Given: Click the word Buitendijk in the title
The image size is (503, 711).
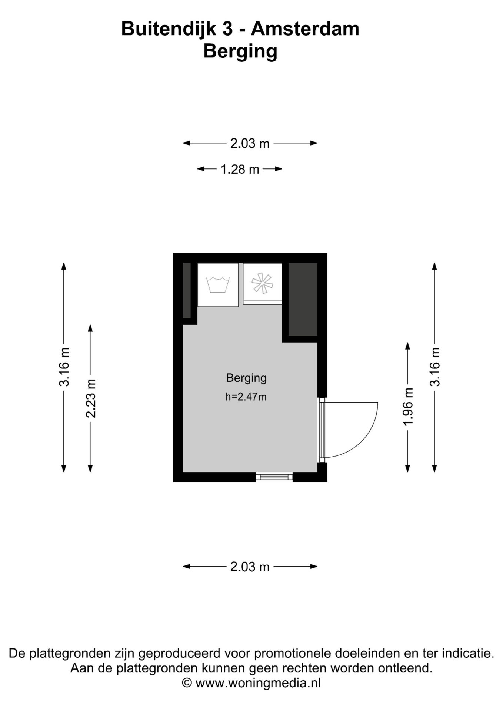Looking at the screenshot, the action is pos(169,29).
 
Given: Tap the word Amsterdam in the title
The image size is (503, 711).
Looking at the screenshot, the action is pos(305,29).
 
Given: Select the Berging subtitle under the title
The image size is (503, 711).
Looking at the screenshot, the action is pos(240,52).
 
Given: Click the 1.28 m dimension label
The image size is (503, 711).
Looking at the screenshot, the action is pos(240,169).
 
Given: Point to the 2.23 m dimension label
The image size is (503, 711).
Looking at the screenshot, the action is pos(91,398).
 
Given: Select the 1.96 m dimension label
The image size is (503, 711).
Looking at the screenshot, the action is pos(408,407).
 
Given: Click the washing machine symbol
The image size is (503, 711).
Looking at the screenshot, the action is pos(218,285).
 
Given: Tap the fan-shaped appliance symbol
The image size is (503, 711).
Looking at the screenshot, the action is pos(262,283).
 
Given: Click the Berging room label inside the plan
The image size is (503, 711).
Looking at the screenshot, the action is pos(246,378).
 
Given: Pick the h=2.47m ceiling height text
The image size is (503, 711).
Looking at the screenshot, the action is pos(246,397).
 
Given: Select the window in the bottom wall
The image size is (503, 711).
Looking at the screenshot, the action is pos(274,477).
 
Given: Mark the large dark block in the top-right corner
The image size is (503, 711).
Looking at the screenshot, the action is pos(303,299).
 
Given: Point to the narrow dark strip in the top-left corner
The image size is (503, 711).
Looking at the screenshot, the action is pos(187,290).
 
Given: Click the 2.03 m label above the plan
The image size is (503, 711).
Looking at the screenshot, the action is pos(250,143).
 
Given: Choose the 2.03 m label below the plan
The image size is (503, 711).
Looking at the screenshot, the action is pos(250,567).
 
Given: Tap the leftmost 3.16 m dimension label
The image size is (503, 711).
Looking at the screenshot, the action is pos(64,367).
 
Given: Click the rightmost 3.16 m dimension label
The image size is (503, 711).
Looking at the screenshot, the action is pos(435,367).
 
